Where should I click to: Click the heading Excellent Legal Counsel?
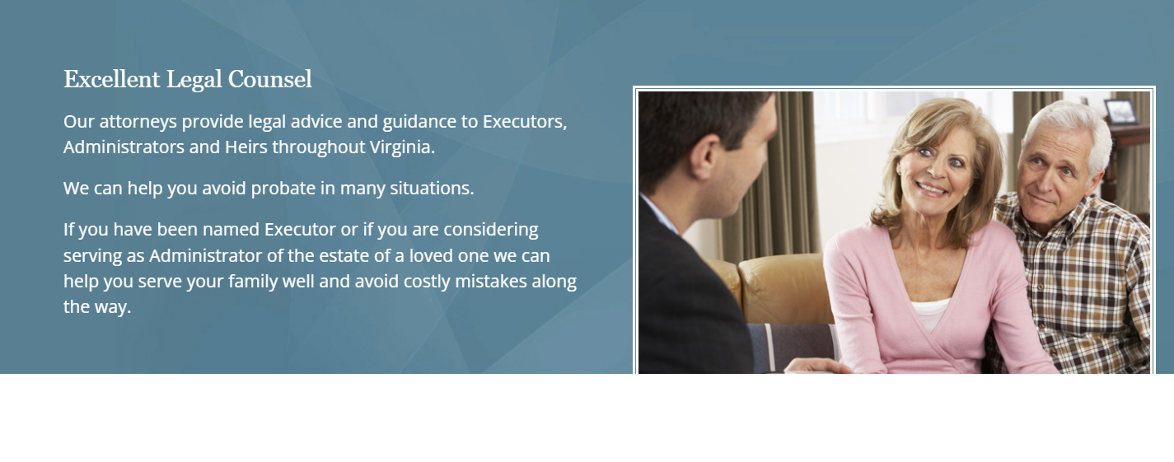[x=188, y=80]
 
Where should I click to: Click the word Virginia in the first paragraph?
[x=402, y=147]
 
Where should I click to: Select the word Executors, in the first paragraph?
[x=525, y=122]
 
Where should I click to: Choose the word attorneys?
[x=138, y=122]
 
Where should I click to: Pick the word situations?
[x=432, y=189]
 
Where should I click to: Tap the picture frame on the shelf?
[x=1120, y=111]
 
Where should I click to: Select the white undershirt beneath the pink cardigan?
[x=930, y=315]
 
